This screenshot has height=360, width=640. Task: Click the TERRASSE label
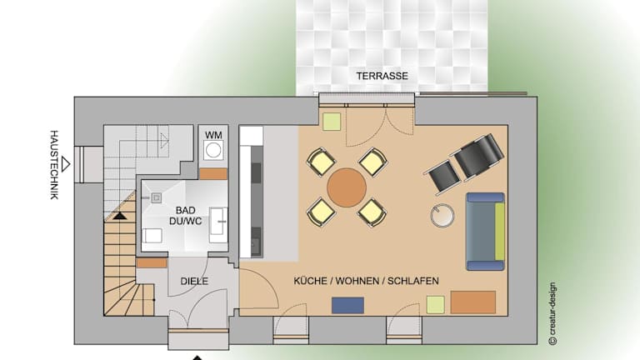point(382,76)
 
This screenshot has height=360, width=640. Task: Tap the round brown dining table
point(347,187)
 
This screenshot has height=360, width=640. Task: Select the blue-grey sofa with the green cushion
point(485,232)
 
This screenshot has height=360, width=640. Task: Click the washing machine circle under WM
point(213,150)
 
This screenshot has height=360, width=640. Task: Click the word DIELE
point(194,281)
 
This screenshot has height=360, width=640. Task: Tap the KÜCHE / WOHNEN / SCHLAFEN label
point(366,281)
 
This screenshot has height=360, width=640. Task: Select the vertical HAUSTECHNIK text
point(54,165)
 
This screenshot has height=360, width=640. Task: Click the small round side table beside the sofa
point(442,215)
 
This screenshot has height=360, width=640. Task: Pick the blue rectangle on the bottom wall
point(347,305)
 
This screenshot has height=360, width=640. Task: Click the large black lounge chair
point(477,156)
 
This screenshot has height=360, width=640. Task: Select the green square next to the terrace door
point(332,122)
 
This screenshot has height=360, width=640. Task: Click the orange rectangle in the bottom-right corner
point(473,302)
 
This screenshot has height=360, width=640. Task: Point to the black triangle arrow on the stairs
point(120,216)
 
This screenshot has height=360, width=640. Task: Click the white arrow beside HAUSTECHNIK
point(65,164)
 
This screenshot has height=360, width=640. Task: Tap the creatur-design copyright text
point(552,313)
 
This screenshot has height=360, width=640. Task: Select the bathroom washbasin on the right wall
point(219,225)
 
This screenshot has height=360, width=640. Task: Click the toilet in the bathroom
point(152,236)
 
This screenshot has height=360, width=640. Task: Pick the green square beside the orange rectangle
point(436,305)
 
